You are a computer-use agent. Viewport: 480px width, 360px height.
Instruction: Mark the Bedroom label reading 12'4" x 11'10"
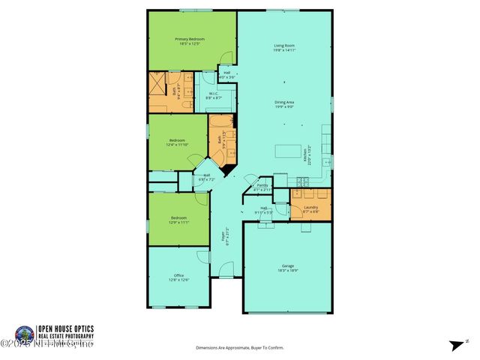[178, 141]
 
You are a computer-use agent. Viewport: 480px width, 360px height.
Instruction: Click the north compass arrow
[456, 345]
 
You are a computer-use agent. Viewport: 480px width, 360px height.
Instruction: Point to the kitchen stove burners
[304, 181]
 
